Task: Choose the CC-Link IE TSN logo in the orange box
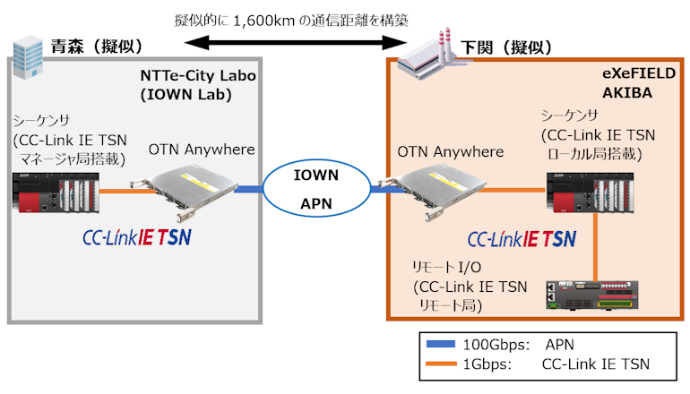tap(522, 239)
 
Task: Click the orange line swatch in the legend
tap(440, 364)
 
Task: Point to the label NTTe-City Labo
tap(198, 76)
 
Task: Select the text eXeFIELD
tap(635, 76)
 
